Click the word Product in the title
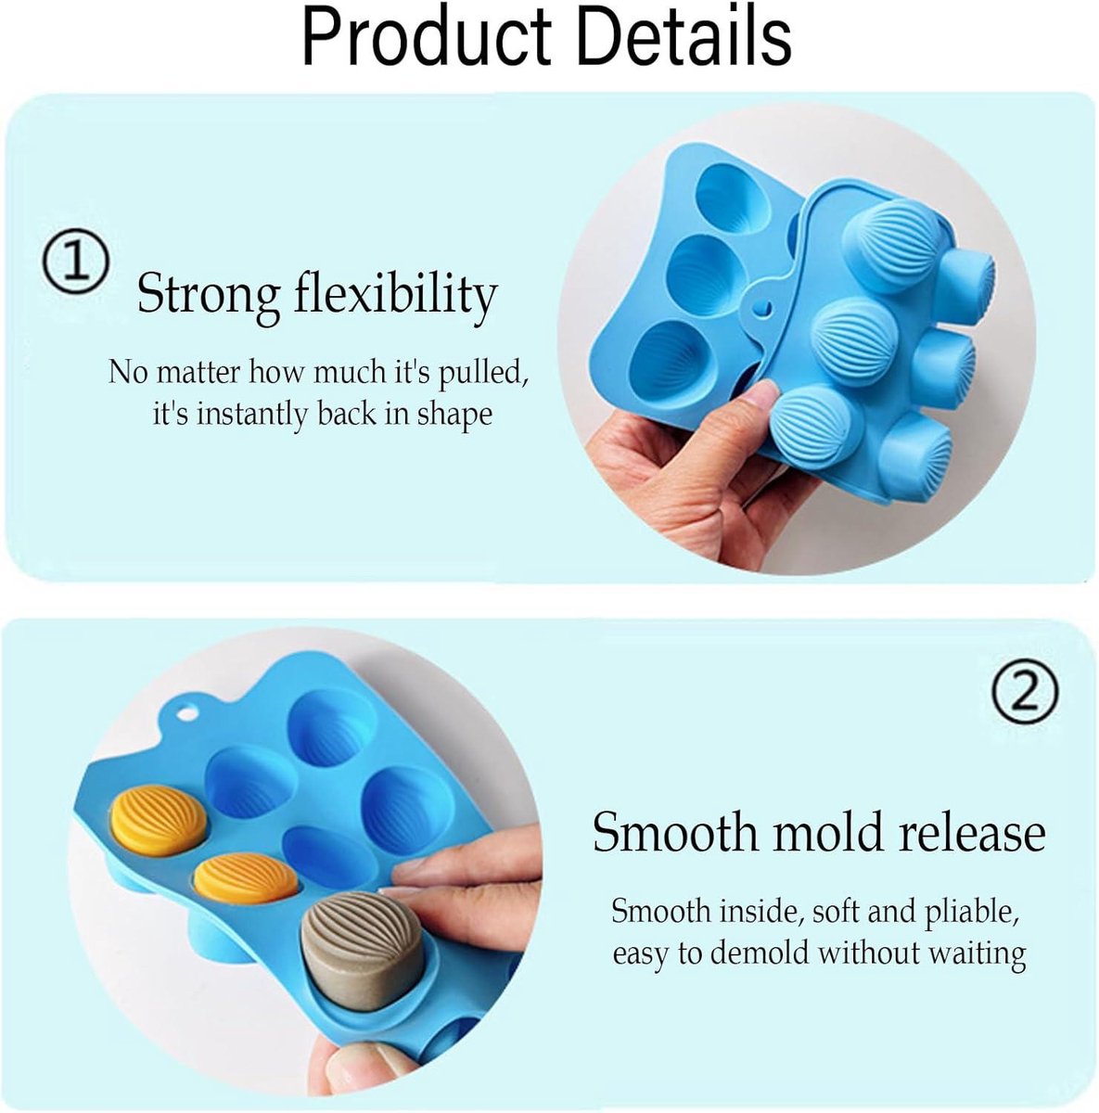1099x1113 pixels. [x=427, y=39]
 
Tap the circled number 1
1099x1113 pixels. [x=75, y=262]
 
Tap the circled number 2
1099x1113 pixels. [x=1025, y=692]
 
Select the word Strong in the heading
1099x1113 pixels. [x=209, y=293]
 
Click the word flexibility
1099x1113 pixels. [x=396, y=293]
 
